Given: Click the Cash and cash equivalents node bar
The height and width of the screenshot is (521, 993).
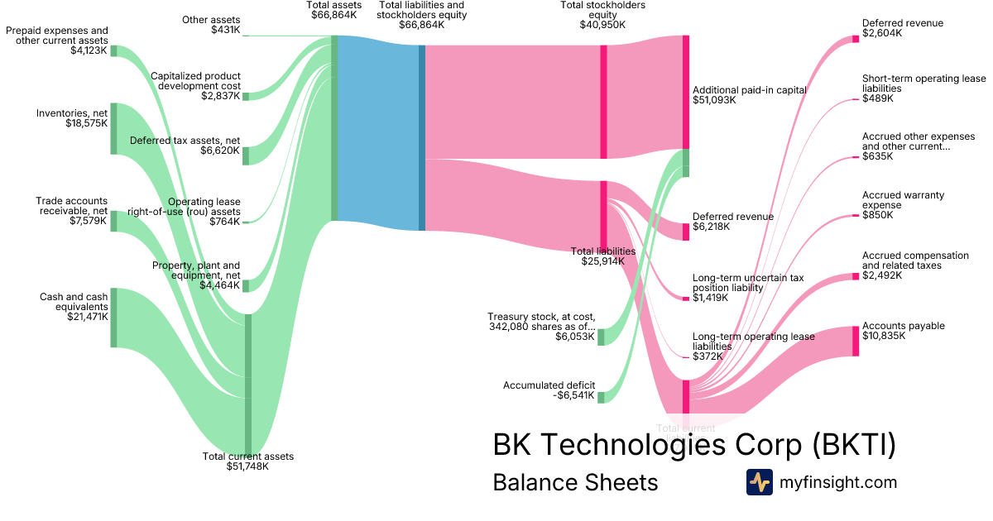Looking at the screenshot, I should pyautogui.click(x=113, y=318).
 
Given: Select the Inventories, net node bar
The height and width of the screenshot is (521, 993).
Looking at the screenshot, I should pyautogui.click(x=113, y=128).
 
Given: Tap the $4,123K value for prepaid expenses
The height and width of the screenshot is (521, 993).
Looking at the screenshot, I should pyautogui.click(x=88, y=50).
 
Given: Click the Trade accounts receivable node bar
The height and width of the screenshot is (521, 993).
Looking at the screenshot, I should pyautogui.click(x=113, y=221).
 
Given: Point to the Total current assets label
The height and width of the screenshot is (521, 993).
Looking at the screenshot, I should pyautogui.click(x=247, y=456).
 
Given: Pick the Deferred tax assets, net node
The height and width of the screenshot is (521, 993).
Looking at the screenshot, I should pyautogui.click(x=246, y=155).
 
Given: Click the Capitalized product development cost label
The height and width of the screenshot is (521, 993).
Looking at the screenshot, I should pyautogui.click(x=195, y=81).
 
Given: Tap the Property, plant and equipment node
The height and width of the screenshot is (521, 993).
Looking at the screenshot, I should pyautogui.click(x=246, y=286).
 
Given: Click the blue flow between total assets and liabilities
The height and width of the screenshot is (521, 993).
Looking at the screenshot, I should pyautogui.click(x=378, y=132).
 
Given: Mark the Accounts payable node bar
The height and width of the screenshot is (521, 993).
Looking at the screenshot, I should pyautogui.click(x=856, y=342).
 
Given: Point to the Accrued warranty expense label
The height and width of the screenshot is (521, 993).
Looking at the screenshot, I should pyautogui.click(x=903, y=200).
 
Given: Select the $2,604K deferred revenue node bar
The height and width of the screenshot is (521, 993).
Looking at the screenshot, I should pyautogui.click(x=856, y=39).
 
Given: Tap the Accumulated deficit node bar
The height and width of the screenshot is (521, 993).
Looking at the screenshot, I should pyautogui.click(x=601, y=397).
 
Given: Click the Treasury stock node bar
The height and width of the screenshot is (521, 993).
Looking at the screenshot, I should pyautogui.click(x=601, y=337).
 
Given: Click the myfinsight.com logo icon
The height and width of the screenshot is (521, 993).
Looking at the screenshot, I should pyautogui.click(x=759, y=482).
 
